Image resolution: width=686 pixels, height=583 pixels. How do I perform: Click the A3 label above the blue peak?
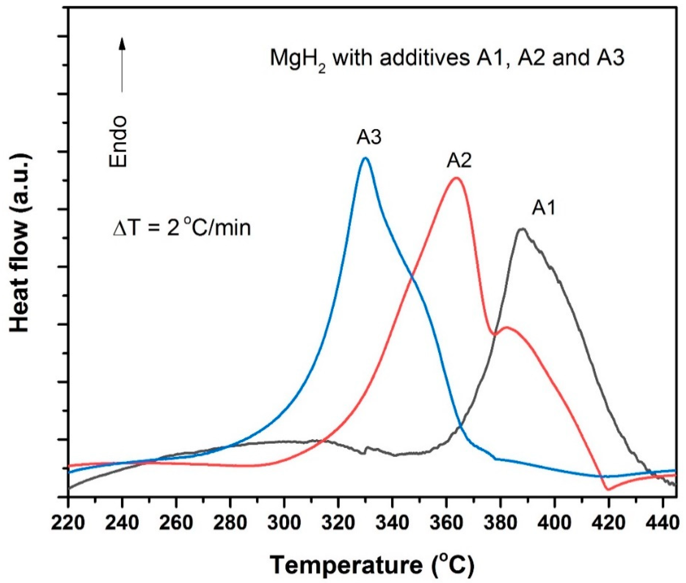click(x=369, y=137)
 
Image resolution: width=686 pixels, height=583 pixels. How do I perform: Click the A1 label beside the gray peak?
click(x=544, y=208)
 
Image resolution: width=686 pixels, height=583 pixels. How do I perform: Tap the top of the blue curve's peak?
click(x=365, y=158)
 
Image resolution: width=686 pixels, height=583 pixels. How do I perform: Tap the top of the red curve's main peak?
click(x=456, y=178)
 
